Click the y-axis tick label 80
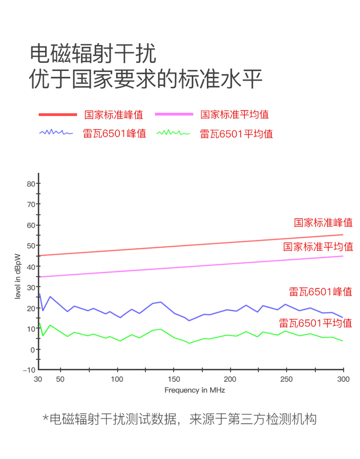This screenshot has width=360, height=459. coord(31,184)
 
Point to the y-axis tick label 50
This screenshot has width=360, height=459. coord(31,246)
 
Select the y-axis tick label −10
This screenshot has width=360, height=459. coord(29,370)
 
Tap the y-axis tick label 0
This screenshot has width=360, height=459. coord(33,349)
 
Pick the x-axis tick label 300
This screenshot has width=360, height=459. coord(343,379)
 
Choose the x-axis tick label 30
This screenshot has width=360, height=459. coord(38,379)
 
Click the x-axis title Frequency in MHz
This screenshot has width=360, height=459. coord(194,390)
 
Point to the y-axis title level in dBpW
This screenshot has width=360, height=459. coord(18,276)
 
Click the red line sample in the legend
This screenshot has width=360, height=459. coord(58,115)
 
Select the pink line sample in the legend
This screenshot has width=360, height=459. coord(174,115)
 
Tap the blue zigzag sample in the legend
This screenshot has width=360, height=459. coord(56,132)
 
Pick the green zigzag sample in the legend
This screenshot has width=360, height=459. coord(174,132)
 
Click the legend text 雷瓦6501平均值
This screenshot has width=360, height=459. coord(237,134)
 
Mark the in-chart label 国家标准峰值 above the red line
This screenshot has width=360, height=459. coord(323,223)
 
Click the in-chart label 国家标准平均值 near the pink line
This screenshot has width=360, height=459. coord(318,247)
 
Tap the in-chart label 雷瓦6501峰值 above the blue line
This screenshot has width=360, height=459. coord(320,291)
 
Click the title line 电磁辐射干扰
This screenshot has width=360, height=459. coord(93,54)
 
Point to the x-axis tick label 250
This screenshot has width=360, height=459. coord(286,379)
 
